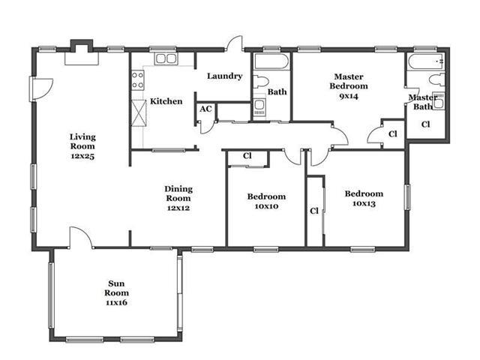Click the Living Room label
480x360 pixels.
82,142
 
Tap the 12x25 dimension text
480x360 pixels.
82,156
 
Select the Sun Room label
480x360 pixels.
116,288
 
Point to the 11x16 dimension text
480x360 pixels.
116,303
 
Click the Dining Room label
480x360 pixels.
178,193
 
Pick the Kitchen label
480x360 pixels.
166,101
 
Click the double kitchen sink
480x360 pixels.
166,58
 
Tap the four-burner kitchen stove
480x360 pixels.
138,80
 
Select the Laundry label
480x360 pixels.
225,76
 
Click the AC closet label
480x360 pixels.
205,109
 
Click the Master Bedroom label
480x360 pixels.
349,82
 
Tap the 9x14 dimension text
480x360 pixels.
349,96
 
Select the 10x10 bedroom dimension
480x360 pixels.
267,206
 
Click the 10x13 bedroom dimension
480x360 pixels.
364,203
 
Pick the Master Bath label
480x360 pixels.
423,102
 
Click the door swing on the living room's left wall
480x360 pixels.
42,88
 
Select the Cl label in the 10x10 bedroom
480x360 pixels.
247,156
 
